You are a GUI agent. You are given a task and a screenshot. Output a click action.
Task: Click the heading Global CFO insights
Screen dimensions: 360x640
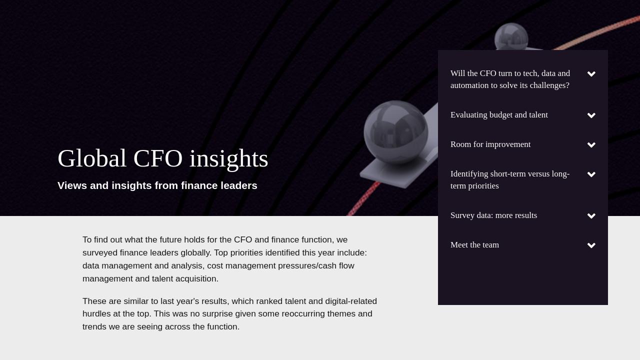point(163,158)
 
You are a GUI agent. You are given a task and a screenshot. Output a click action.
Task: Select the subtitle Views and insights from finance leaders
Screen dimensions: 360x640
point(157,185)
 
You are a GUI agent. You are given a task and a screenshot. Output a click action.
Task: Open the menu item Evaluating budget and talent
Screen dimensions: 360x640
point(499,115)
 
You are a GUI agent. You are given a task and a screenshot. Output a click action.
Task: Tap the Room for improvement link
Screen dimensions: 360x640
point(490,144)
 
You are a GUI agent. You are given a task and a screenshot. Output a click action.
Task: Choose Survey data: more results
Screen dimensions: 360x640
point(493,215)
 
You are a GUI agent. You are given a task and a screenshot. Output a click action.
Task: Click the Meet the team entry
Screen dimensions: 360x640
point(474,245)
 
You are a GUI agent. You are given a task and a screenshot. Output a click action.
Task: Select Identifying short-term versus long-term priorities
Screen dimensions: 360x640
point(510,180)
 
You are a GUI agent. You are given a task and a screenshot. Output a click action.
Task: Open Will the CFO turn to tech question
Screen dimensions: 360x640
point(510,79)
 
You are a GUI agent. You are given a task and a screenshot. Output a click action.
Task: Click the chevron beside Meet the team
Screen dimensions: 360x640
point(591,245)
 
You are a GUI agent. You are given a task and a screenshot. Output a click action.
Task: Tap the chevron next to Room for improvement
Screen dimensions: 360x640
point(591,145)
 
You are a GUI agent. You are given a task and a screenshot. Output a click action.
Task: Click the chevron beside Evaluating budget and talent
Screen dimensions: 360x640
point(591,115)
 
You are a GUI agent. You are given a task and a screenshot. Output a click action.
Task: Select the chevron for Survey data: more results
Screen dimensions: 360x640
point(591,216)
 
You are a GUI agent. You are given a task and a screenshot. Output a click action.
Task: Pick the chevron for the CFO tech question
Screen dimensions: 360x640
point(591,74)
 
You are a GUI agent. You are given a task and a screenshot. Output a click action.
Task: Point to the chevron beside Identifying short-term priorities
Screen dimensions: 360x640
point(591,174)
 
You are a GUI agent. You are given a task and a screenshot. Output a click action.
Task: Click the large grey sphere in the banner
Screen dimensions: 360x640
point(396,132)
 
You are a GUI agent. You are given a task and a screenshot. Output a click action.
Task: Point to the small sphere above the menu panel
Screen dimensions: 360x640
point(511,36)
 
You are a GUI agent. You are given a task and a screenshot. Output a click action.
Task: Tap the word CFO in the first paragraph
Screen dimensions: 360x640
point(243,239)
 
